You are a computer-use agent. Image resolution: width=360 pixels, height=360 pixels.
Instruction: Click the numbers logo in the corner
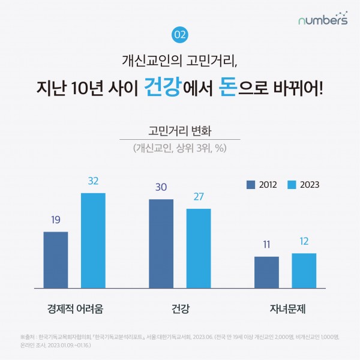(323, 19)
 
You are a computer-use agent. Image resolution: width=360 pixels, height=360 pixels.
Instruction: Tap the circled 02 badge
(179, 35)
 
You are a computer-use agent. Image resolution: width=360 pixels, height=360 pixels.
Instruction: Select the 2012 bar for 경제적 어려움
(56, 259)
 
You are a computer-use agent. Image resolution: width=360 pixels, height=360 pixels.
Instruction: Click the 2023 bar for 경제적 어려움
(93, 240)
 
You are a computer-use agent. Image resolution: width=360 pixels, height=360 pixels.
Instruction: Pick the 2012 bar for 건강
(161, 243)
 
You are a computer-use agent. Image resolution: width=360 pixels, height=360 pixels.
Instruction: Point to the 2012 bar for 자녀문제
(266, 272)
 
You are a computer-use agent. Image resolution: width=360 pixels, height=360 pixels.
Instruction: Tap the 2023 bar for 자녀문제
(304, 270)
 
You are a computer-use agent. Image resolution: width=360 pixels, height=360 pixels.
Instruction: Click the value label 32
(93, 181)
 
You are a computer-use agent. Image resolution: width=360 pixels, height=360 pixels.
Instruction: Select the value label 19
(56, 220)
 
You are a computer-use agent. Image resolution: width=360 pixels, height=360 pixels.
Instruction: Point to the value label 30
(161, 187)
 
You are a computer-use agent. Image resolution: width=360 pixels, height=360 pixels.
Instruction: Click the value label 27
(199, 196)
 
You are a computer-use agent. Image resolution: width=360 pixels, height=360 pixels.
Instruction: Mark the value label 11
(266, 244)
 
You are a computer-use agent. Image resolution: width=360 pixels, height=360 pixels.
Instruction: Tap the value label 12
(304, 241)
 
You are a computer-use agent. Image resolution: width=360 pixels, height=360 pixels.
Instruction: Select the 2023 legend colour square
(292, 184)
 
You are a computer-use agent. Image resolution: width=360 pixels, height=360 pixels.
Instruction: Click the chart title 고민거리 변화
(179, 130)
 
